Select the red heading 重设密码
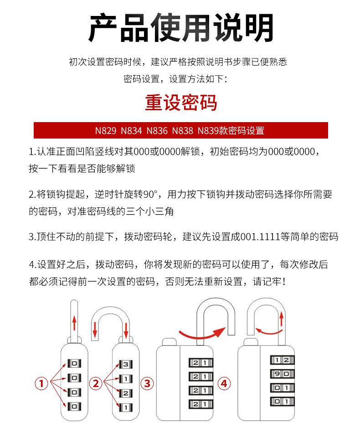point(181,103)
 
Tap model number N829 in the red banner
point(105,131)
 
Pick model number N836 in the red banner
point(157,131)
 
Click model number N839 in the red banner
point(208,131)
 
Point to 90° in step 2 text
point(150,195)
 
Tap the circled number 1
point(41,384)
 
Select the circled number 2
point(96,384)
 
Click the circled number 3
point(147,384)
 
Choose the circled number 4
point(223,384)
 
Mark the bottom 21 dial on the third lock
point(201,404)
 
